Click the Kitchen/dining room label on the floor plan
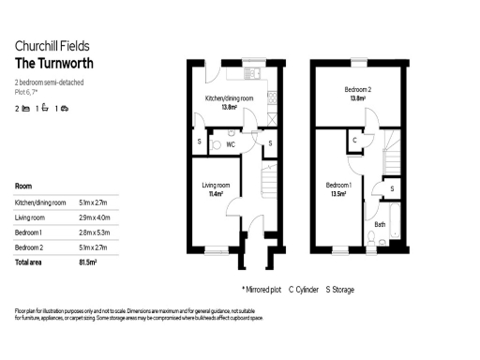point(230,98)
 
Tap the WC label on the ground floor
point(230,145)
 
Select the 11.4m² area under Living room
point(216,194)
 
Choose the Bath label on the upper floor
point(380,225)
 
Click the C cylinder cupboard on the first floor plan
point(354,141)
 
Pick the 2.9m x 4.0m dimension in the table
point(94,217)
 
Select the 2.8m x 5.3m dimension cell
point(94,232)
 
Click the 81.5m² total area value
point(89,261)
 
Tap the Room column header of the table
point(25,186)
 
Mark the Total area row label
point(32,261)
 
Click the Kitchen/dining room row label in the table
point(40,202)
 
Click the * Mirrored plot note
point(262,290)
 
